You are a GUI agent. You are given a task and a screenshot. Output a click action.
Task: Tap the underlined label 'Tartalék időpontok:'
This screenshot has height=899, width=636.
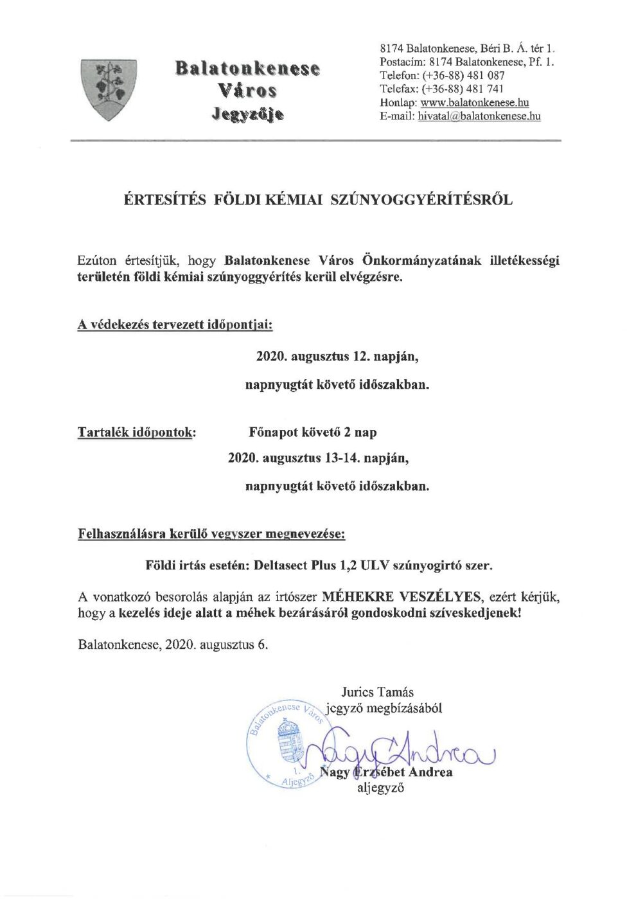point(136,432)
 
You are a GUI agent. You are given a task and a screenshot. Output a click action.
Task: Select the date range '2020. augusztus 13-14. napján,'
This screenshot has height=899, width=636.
point(319,459)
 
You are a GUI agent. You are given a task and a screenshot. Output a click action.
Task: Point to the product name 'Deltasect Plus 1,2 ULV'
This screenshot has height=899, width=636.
point(321,566)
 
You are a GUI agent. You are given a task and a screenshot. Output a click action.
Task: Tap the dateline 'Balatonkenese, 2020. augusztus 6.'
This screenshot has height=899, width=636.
point(173,645)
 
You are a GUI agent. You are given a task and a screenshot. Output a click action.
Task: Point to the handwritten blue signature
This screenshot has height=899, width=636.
point(398,747)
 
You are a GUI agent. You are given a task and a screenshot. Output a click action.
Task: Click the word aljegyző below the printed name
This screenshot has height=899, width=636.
point(380,788)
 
